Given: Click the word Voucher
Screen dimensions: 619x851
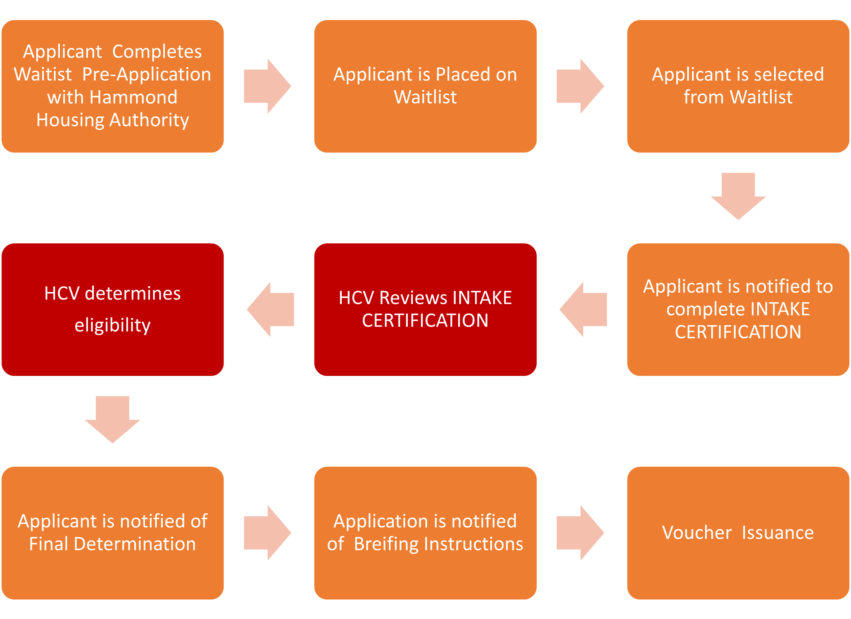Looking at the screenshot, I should tap(697, 533).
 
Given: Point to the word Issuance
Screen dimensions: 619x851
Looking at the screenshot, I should tap(778, 533).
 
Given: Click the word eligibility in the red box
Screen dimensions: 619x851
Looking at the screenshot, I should tap(113, 325).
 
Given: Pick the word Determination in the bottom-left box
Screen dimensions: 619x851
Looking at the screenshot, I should tap(135, 544).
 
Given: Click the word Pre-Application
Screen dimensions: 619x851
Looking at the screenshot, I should tap(146, 74).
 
